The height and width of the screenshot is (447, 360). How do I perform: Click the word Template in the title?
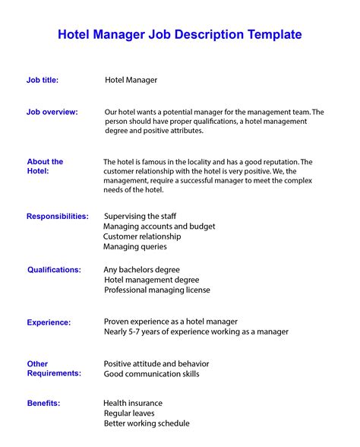[x=272, y=34]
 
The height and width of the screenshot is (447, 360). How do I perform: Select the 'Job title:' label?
[x=43, y=79]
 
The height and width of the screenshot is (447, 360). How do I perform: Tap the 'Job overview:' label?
[x=52, y=112]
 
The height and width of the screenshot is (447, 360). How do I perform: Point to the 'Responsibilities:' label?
[x=58, y=216]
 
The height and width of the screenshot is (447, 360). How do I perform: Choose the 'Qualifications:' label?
[x=54, y=269]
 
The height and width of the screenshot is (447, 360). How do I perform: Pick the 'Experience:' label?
[x=49, y=322]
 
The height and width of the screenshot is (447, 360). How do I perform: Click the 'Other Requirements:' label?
[x=53, y=369]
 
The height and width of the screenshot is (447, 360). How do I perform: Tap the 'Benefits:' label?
[x=43, y=403]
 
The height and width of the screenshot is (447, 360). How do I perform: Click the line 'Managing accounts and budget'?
[x=159, y=226]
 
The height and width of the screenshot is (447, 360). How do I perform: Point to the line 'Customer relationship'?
[x=142, y=236]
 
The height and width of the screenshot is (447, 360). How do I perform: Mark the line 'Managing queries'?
[x=134, y=246]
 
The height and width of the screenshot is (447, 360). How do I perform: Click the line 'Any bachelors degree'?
[x=141, y=269]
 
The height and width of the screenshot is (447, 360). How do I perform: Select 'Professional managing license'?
[x=156, y=290]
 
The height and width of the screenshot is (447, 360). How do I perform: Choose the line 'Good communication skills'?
[x=151, y=374]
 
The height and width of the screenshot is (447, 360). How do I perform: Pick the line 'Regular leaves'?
[x=129, y=413]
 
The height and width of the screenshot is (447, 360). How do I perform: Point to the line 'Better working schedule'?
[x=146, y=423]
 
